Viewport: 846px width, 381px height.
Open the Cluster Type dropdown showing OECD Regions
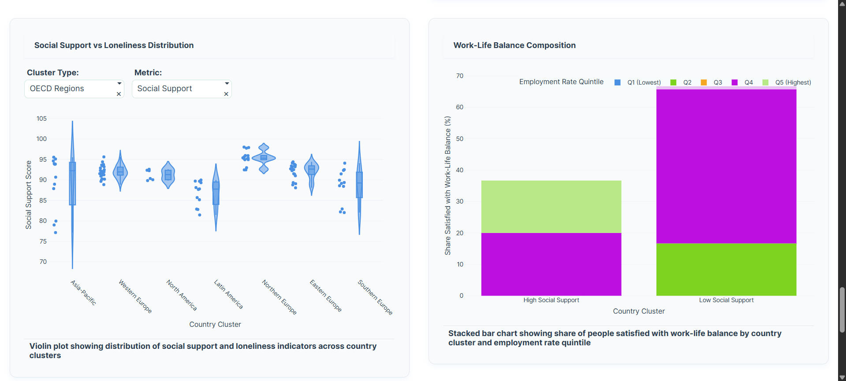(x=71, y=89)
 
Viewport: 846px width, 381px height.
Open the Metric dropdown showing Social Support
(x=178, y=89)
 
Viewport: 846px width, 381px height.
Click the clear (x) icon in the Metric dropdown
(x=226, y=94)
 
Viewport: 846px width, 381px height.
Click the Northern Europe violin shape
(x=264, y=158)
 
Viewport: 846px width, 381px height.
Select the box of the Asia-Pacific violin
(x=72, y=184)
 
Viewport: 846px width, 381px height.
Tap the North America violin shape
(x=168, y=175)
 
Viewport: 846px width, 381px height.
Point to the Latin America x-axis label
(x=228, y=294)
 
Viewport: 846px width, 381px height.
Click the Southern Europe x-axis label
(x=375, y=297)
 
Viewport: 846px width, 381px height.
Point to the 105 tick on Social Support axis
(x=41, y=118)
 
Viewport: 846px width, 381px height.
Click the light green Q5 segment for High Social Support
(x=551, y=207)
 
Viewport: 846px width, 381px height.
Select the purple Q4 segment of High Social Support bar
(x=551, y=264)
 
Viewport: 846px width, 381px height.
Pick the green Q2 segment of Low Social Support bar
(x=726, y=270)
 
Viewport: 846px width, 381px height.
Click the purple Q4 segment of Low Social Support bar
(x=726, y=166)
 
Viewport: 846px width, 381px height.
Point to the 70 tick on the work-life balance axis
(x=460, y=76)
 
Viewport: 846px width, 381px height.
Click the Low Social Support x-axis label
(x=726, y=300)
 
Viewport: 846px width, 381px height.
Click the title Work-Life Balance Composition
(x=514, y=45)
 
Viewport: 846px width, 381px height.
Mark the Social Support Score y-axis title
(x=29, y=195)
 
